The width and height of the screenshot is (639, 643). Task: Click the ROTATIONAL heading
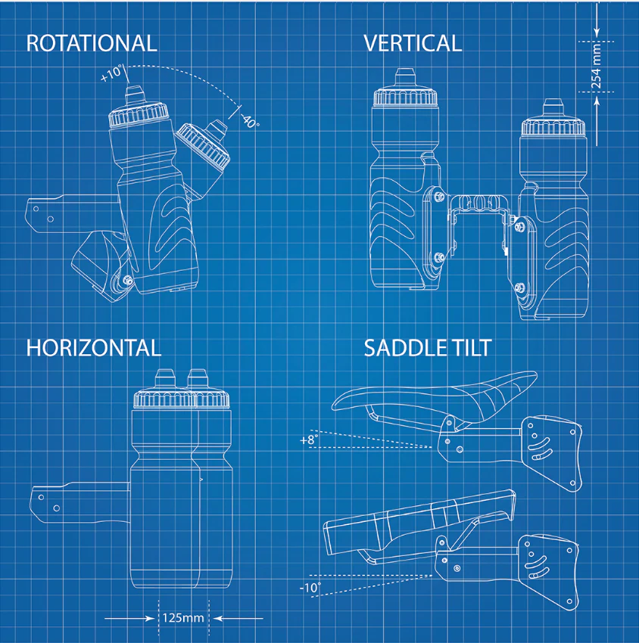pyautogui.click(x=92, y=43)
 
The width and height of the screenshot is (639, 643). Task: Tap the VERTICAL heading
pyautogui.click(x=413, y=43)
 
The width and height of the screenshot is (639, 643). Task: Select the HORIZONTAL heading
pyautogui.click(x=94, y=348)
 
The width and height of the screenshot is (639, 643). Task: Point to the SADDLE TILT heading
pyautogui.click(x=428, y=348)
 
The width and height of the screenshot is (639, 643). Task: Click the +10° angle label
pyautogui.click(x=111, y=73)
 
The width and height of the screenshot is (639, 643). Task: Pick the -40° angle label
pyautogui.click(x=250, y=120)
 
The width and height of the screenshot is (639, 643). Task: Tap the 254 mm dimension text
pyautogui.click(x=596, y=67)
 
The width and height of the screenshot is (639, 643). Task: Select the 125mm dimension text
pyautogui.click(x=183, y=617)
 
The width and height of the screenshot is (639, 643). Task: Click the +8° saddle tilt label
pyautogui.click(x=309, y=440)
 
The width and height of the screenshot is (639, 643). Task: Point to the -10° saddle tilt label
pyautogui.click(x=310, y=588)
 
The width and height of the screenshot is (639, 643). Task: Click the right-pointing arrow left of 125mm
pyautogui.click(x=129, y=618)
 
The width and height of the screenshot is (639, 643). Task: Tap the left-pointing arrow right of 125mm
pyautogui.click(x=238, y=618)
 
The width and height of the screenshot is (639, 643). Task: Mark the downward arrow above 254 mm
pyautogui.click(x=597, y=18)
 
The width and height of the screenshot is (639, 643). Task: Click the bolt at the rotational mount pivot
pyautogui.click(x=128, y=280)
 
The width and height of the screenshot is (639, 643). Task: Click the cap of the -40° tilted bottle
pyautogui.click(x=202, y=144)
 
